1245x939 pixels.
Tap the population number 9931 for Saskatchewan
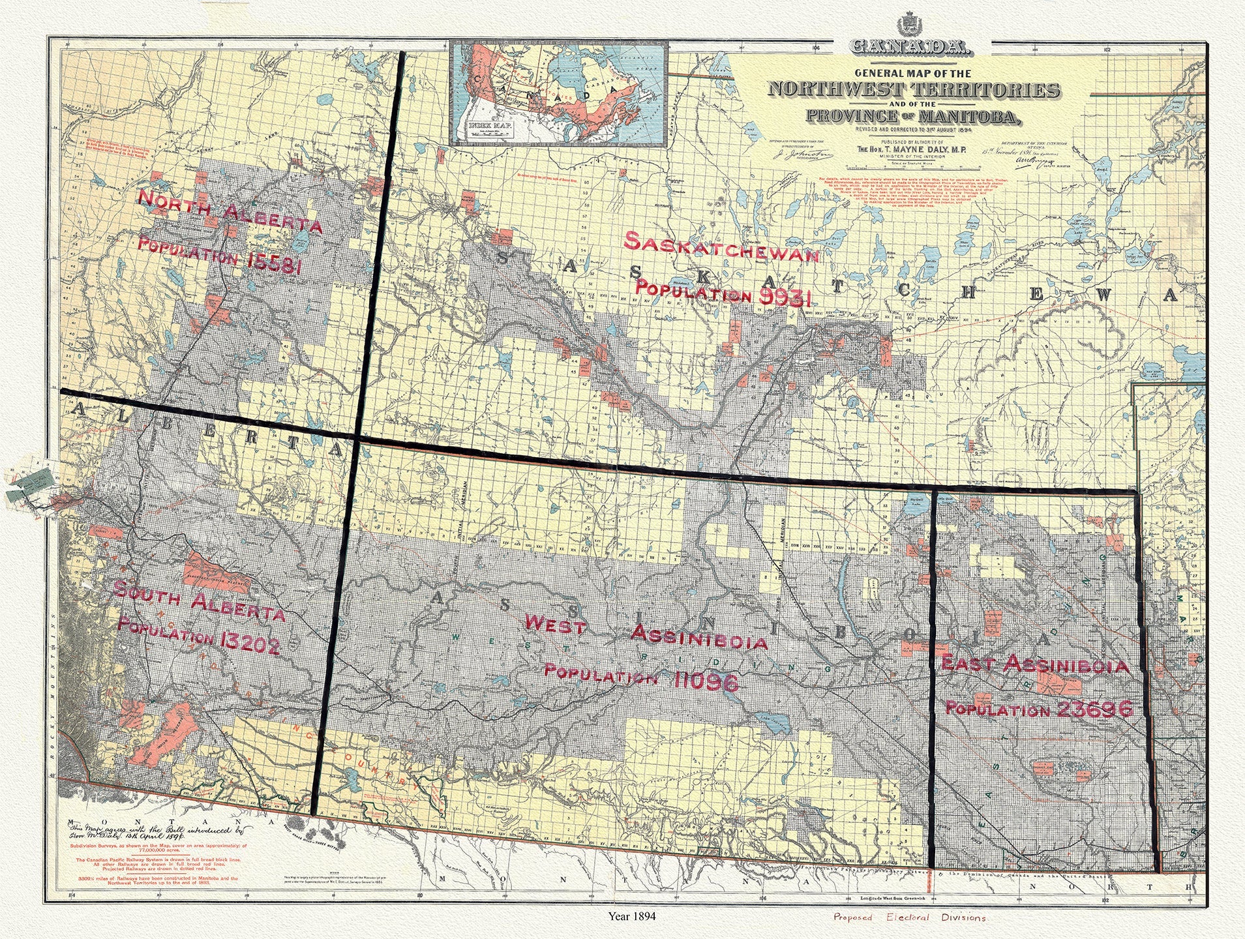(x=785, y=298)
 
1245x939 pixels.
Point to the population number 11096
(x=706, y=682)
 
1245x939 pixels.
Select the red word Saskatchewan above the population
(x=721, y=248)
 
